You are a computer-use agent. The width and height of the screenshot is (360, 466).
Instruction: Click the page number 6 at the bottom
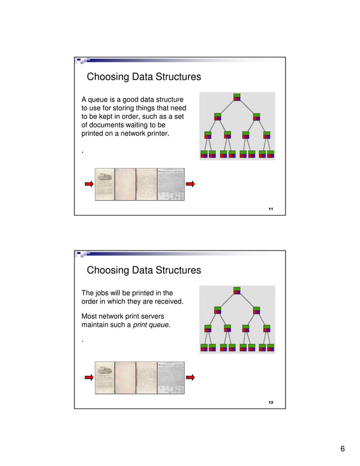click(x=343, y=449)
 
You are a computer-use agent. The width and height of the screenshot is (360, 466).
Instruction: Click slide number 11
click(x=271, y=209)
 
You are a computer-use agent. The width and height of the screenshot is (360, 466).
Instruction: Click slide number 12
click(x=271, y=402)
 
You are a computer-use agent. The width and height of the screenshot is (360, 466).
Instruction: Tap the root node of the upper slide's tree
click(x=237, y=98)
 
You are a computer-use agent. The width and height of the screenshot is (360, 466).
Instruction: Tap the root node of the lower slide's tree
click(x=237, y=291)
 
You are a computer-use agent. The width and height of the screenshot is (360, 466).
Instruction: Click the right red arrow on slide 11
click(x=191, y=184)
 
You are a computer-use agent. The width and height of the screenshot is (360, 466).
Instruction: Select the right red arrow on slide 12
click(x=191, y=377)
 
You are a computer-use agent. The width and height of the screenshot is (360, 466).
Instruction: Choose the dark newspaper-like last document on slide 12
click(x=171, y=377)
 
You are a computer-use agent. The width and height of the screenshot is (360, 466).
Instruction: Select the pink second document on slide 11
click(x=125, y=184)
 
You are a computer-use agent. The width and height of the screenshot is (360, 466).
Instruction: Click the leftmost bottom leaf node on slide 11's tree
click(x=204, y=154)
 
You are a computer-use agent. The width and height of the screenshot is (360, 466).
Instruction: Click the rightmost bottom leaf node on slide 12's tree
click(x=270, y=347)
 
